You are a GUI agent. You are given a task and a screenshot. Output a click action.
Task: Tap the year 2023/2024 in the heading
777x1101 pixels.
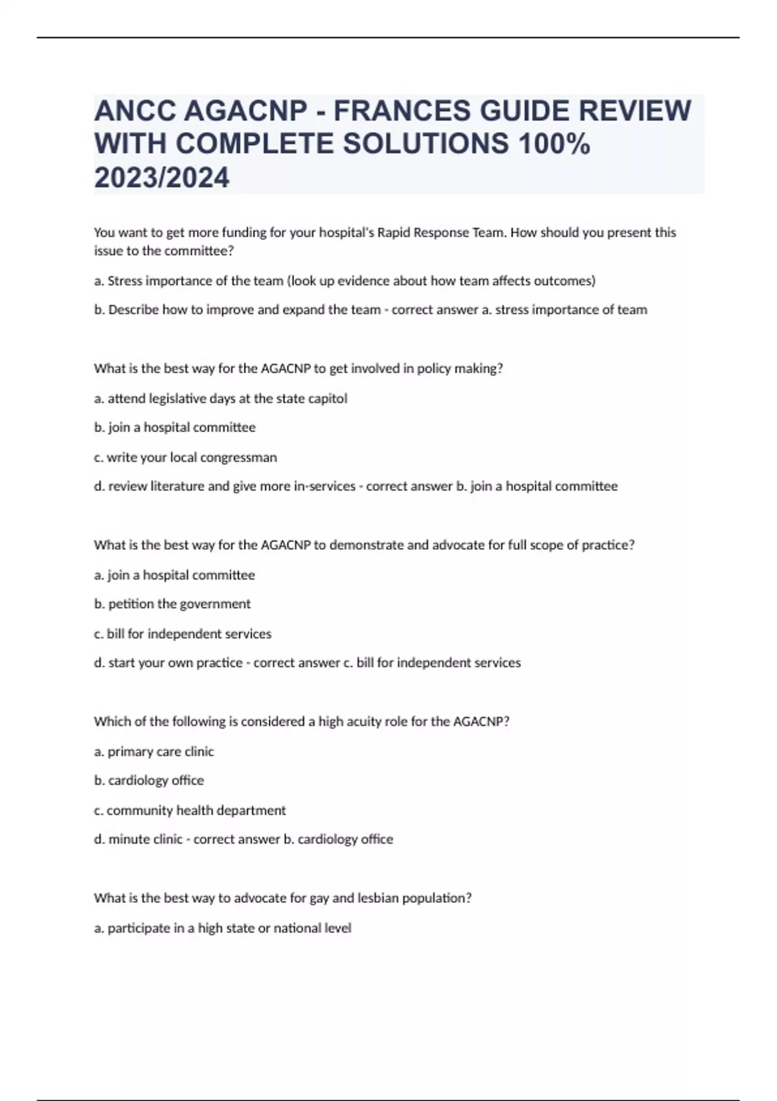161,177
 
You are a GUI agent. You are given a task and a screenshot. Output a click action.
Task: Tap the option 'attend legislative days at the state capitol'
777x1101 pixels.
221,399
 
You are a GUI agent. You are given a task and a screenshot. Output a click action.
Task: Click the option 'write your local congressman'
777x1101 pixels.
186,457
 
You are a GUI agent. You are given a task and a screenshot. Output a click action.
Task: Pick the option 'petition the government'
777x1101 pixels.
172,604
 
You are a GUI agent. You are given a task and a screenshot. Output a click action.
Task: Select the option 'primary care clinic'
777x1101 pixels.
154,752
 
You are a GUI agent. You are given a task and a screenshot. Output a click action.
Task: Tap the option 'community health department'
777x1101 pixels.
190,811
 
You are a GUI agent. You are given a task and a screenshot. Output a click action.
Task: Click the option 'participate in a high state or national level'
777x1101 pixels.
223,929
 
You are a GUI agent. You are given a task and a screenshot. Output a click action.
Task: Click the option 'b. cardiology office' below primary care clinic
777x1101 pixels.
149,781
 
